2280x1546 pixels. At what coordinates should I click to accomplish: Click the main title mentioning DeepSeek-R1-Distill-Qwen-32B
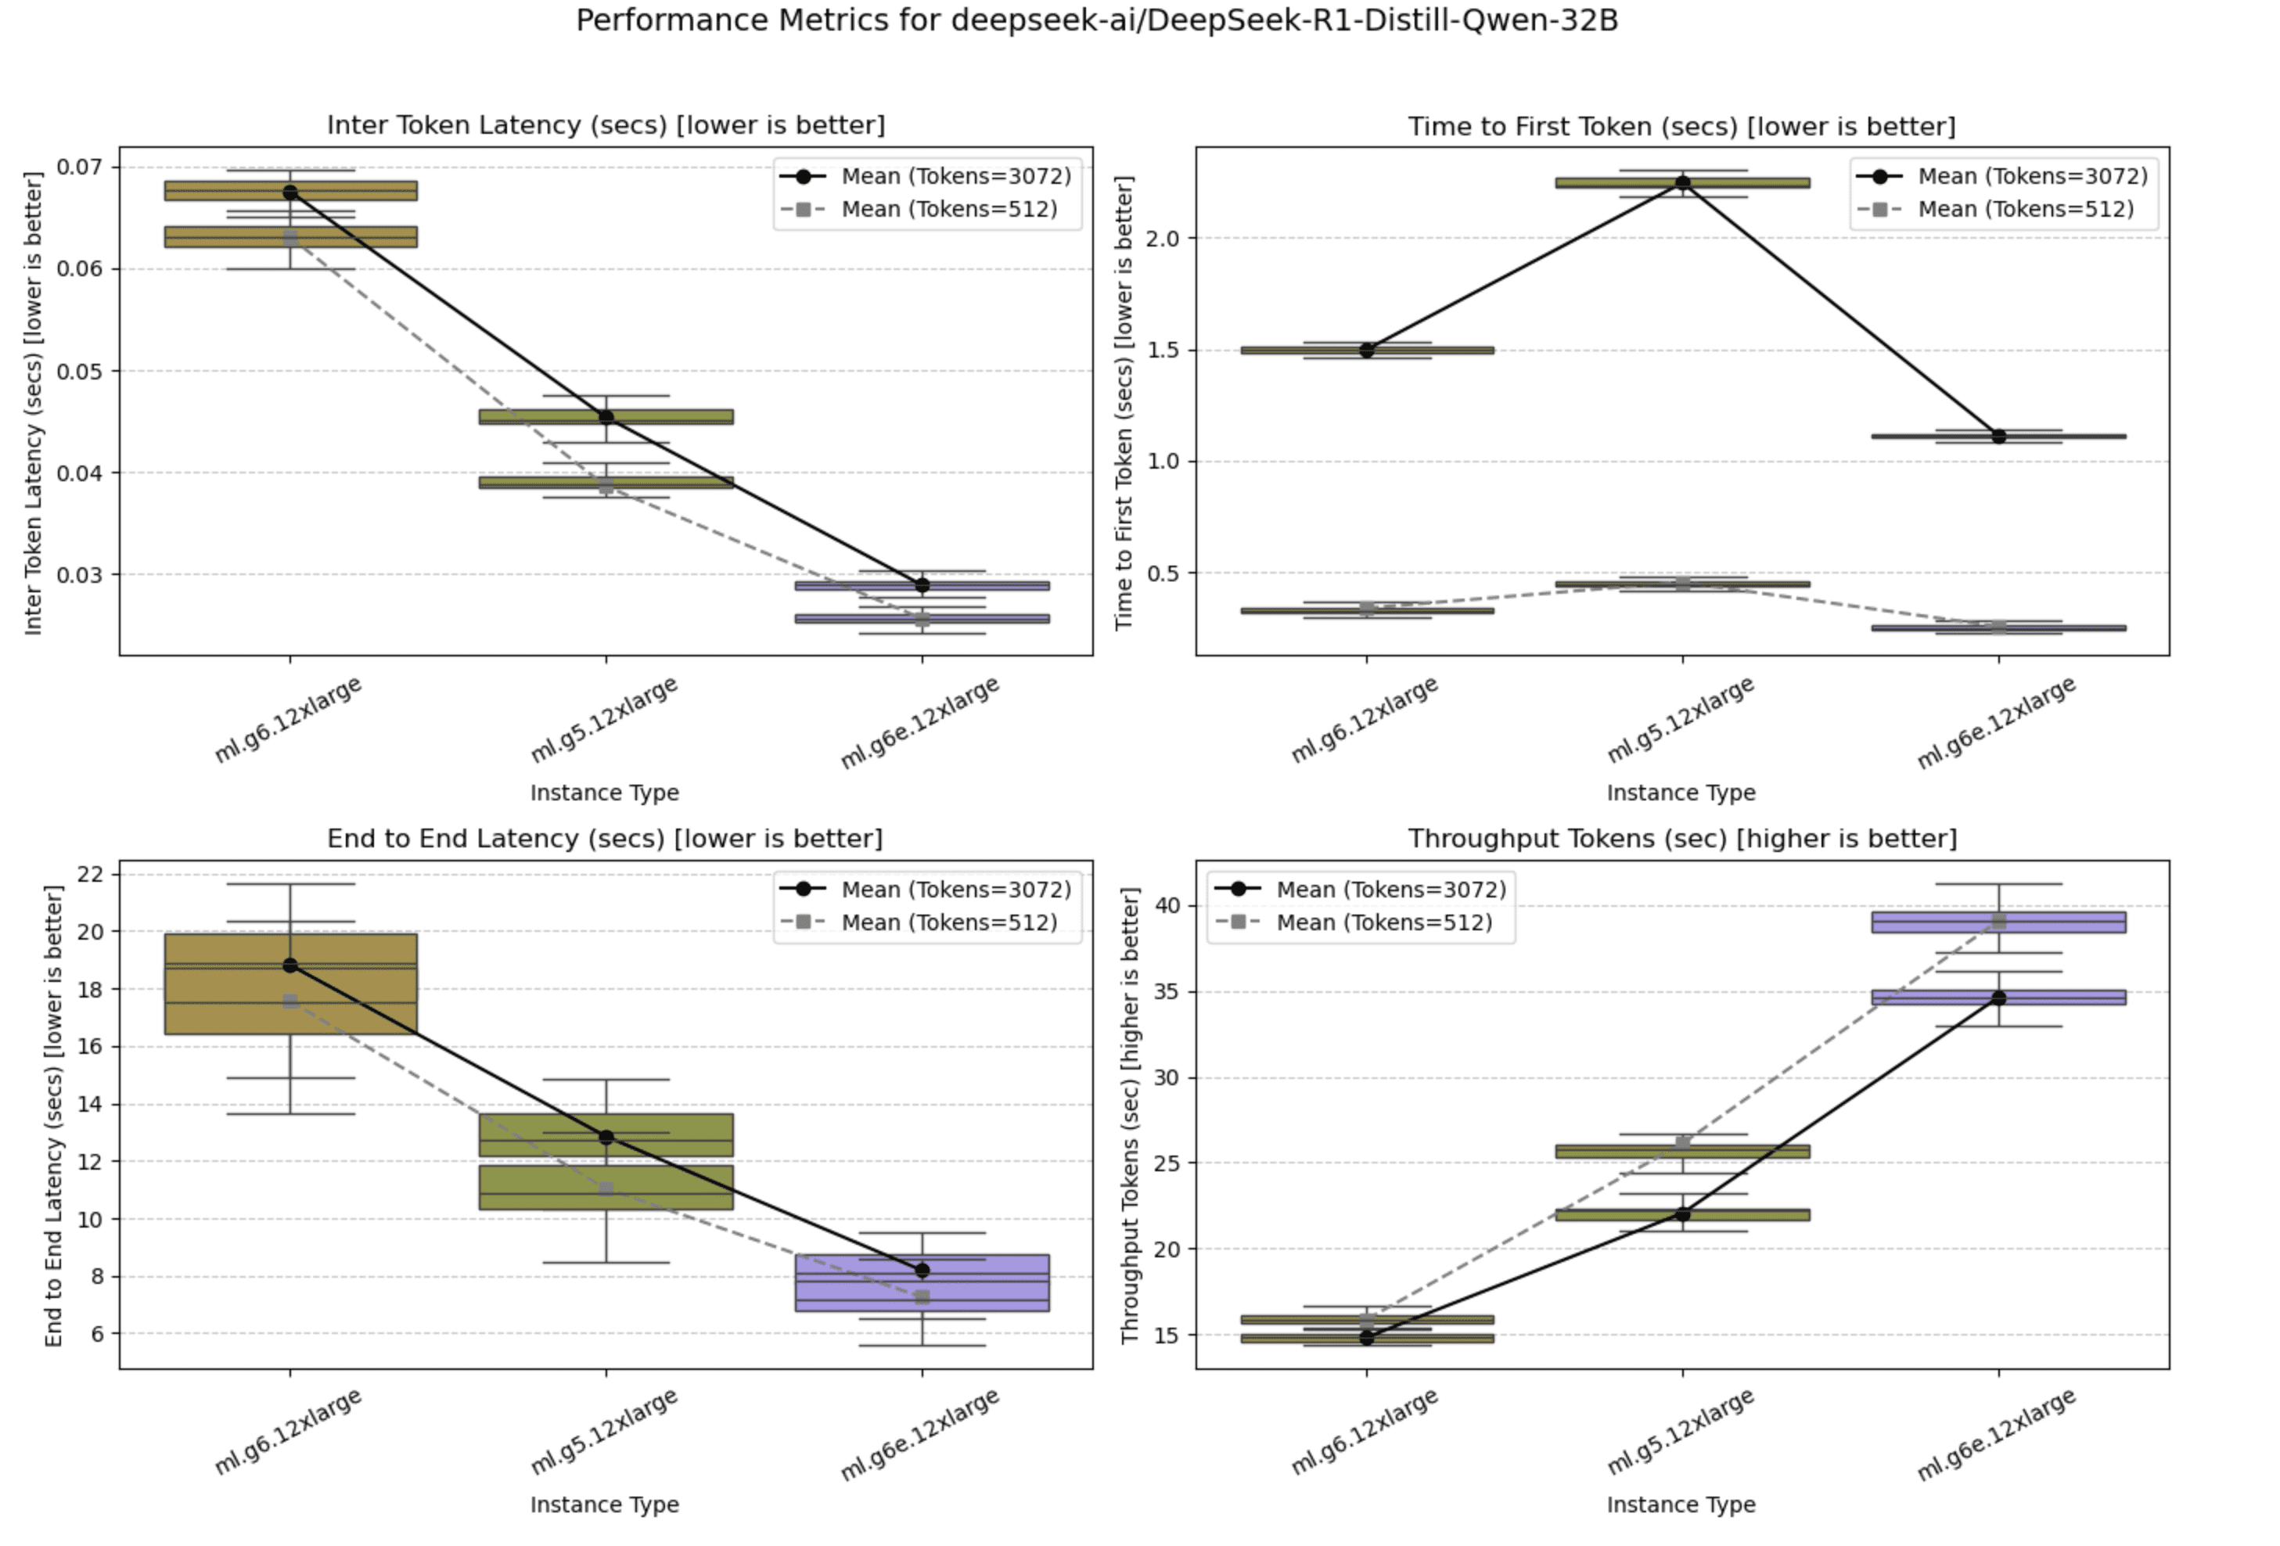pyautogui.click(x=1096, y=20)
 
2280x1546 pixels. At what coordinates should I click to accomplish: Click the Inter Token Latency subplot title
pyautogui.click(x=606, y=125)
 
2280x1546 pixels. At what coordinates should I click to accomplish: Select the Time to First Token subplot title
pyautogui.click(x=1681, y=127)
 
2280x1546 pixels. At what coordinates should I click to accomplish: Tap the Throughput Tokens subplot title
pyautogui.click(x=1681, y=839)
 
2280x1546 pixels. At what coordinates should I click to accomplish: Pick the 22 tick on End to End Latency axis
pyautogui.click(x=90, y=874)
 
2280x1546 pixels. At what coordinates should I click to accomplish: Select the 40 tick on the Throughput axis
pyautogui.click(x=1167, y=905)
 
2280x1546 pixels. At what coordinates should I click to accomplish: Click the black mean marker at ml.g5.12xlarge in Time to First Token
pyautogui.click(x=1682, y=182)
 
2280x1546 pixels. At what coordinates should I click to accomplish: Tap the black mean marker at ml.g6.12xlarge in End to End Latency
pyautogui.click(x=290, y=965)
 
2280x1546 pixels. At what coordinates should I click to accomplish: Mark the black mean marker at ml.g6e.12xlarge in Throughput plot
pyautogui.click(x=1998, y=998)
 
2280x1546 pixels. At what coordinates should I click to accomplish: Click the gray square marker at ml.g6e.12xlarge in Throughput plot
pyautogui.click(x=1998, y=921)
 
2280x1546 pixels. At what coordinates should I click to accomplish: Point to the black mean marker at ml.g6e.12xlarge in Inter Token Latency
pyautogui.click(x=922, y=586)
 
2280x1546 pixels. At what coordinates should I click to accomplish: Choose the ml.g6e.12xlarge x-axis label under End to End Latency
pyautogui.click(x=919, y=1434)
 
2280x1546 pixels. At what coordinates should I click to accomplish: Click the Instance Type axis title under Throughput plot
pyautogui.click(x=1681, y=1505)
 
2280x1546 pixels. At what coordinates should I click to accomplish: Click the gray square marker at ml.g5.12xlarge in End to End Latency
pyautogui.click(x=606, y=1189)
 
